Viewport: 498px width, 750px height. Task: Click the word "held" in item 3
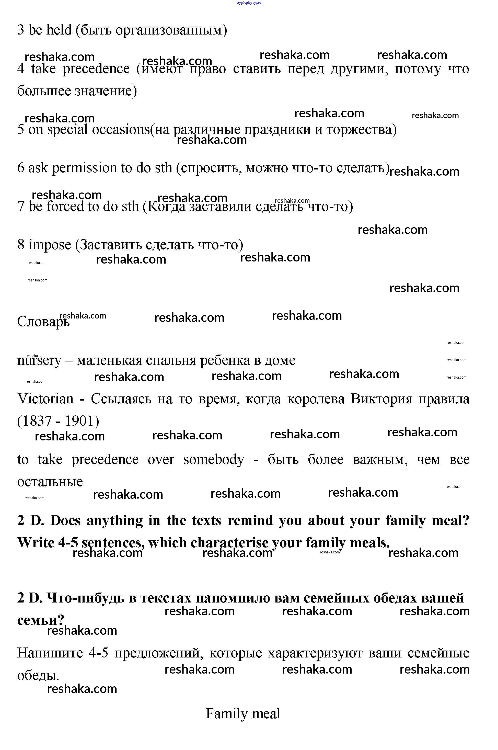(x=59, y=30)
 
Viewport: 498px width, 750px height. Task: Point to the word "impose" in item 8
(x=50, y=245)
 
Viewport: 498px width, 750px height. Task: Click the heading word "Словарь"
(x=43, y=322)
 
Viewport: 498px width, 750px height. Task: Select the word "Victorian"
(x=45, y=399)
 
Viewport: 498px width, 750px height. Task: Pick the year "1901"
(x=79, y=421)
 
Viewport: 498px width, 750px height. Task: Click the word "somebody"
(x=214, y=460)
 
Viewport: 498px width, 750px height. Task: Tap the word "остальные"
(x=50, y=482)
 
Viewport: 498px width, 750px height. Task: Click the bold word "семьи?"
(x=41, y=620)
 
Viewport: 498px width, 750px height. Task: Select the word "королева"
(x=316, y=399)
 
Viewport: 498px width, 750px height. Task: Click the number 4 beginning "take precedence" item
(x=21, y=69)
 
